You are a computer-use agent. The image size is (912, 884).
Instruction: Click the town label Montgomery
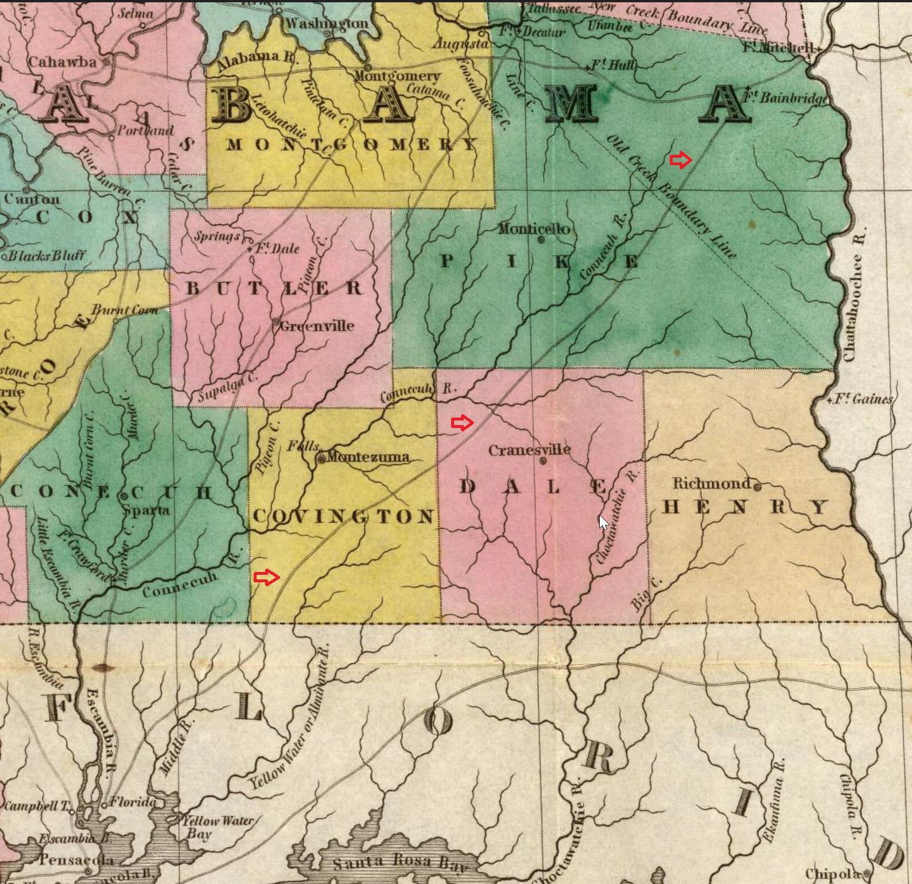pyautogui.click(x=397, y=76)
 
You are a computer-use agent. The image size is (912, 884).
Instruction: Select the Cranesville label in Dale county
pyautogui.click(x=529, y=450)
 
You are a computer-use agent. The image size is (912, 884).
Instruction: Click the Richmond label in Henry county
pyautogui.click(x=712, y=484)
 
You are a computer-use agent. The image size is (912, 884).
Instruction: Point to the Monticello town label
pyautogui.click(x=534, y=229)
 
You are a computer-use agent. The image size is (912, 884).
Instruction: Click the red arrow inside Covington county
pyautogui.click(x=266, y=577)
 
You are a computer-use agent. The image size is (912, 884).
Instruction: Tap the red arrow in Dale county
pyautogui.click(x=462, y=423)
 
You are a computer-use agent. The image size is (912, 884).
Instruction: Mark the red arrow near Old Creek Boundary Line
pyautogui.click(x=681, y=161)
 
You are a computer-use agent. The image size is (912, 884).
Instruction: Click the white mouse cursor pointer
pyautogui.click(x=603, y=523)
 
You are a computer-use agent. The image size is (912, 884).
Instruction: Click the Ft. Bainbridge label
pyautogui.click(x=786, y=98)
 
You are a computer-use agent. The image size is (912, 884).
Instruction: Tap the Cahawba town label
pyautogui.click(x=62, y=62)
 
